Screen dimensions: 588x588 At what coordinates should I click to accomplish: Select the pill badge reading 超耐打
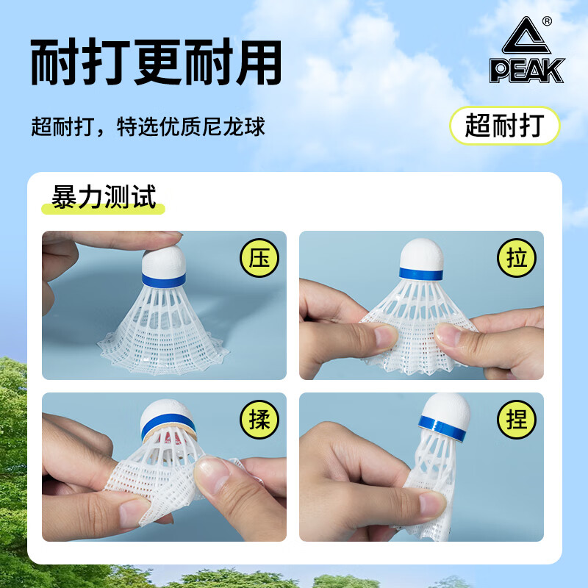(x=504, y=125)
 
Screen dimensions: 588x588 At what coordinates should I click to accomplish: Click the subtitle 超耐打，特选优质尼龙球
(x=148, y=126)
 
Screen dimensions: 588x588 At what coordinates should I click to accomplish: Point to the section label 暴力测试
(x=104, y=196)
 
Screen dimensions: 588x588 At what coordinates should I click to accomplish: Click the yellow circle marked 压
(x=259, y=259)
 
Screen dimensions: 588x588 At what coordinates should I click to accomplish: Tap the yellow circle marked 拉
(x=516, y=259)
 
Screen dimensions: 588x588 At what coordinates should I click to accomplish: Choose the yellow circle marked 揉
(x=259, y=419)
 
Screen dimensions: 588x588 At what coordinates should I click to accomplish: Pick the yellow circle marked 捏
(x=516, y=419)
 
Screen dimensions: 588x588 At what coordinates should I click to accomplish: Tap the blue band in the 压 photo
(x=164, y=279)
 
